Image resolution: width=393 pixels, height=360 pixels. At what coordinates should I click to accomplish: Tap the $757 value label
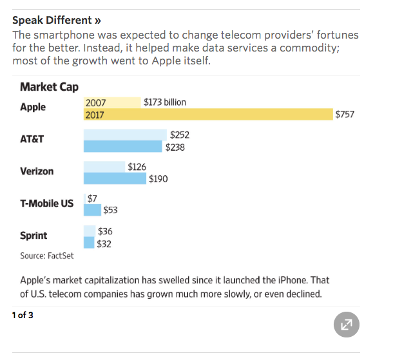(x=345, y=115)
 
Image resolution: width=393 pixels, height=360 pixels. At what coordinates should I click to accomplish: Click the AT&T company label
(x=32, y=139)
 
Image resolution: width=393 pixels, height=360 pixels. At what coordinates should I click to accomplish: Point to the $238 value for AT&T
(x=175, y=147)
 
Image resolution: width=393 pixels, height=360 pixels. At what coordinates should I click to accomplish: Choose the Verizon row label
(x=37, y=171)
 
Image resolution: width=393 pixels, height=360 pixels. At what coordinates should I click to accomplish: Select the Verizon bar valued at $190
(x=115, y=178)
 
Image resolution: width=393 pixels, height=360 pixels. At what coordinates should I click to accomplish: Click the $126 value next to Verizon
(x=137, y=167)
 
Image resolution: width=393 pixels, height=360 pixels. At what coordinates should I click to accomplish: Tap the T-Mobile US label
(x=46, y=204)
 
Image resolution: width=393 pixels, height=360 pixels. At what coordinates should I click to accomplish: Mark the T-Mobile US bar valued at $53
(x=93, y=210)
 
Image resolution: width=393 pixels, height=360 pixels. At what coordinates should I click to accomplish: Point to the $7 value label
(x=92, y=198)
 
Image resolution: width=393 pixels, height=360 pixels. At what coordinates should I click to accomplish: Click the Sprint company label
(x=34, y=235)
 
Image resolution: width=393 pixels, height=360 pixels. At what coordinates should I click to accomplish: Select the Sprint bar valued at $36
(x=90, y=231)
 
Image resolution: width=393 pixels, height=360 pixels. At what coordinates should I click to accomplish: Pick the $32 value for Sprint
(x=104, y=243)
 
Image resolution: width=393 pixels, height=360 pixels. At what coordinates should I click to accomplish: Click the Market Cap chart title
(x=49, y=87)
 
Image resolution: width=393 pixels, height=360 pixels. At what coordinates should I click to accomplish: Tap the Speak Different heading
(x=57, y=20)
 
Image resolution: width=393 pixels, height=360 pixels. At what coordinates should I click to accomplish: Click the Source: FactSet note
(x=47, y=256)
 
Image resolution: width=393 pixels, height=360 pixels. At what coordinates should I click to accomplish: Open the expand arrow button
(x=347, y=325)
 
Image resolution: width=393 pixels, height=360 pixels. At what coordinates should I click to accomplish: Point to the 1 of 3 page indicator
(x=23, y=315)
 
